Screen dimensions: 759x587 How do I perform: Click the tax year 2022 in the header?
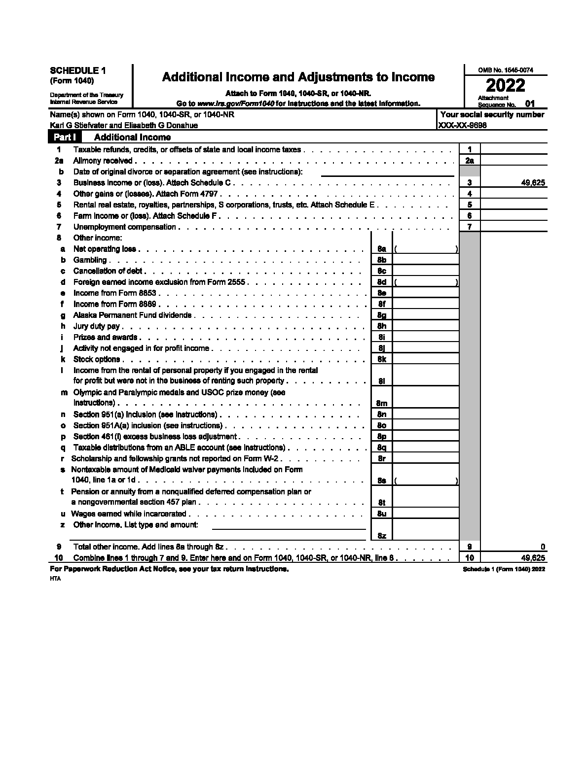[506, 85]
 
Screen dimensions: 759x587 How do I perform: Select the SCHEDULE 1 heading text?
[78, 71]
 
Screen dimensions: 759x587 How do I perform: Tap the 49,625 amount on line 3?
[533, 183]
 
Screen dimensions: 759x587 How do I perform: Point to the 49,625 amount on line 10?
[533, 558]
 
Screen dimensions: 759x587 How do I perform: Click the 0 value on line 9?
[543, 547]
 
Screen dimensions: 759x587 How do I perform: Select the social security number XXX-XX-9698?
[462, 125]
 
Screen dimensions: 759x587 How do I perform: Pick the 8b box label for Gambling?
[381, 260]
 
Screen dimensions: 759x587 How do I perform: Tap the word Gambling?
[90, 260]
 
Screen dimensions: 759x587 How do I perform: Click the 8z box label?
[381, 536]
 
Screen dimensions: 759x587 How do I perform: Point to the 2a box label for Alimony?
[470, 161]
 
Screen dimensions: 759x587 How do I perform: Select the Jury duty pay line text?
[96, 326]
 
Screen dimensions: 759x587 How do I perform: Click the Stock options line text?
[96, 359]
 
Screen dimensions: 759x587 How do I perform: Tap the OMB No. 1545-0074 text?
[506, 70]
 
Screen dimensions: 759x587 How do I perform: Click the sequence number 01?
[529, 104]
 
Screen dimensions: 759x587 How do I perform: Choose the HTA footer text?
[55, 579]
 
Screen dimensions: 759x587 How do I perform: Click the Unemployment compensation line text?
[124, 227]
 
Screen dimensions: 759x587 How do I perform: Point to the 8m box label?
[381, 403]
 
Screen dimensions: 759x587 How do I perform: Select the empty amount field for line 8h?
[425, 326]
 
